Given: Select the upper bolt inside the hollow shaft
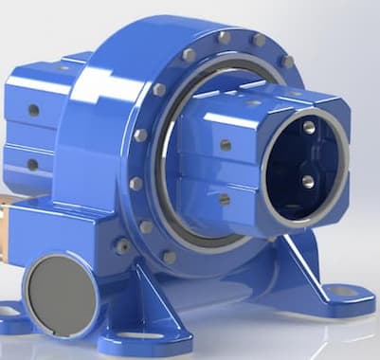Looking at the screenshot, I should click(309, 127).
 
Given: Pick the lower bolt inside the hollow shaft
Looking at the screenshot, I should click(308, 180).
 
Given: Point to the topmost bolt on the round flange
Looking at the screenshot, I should click(225, 37).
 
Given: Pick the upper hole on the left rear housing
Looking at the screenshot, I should click(33, 110).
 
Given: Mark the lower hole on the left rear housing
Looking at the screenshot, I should click(33, 164).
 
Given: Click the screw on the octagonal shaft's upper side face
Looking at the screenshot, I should click(226, 145).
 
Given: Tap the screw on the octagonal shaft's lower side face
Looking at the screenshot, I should click(225, 199).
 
